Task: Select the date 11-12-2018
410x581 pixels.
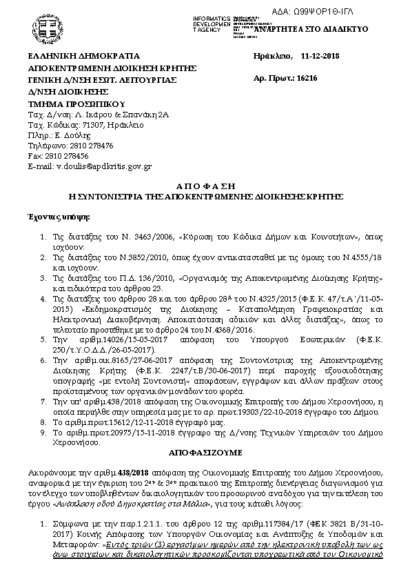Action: [x=320, y=56]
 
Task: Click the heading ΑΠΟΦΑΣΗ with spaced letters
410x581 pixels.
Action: [x=205, y=186]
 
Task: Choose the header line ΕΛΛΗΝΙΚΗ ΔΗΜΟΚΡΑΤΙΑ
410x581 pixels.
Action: [x=83, y=56]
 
